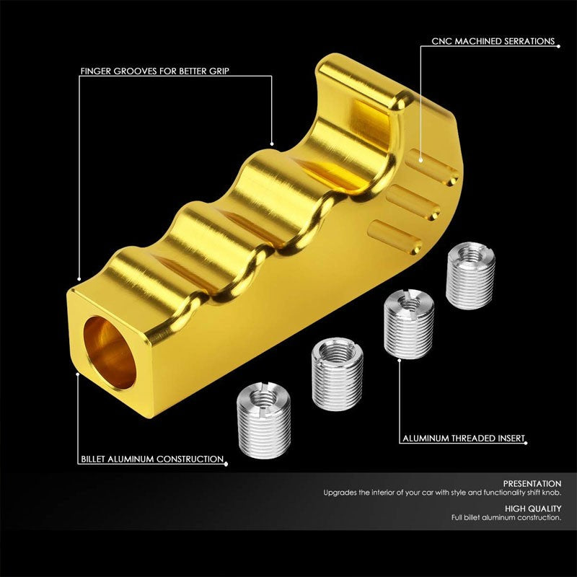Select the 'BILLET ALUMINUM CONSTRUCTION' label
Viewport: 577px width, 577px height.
click(x=151, y=459)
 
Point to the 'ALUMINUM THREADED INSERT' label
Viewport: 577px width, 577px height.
click(x=462, y=438)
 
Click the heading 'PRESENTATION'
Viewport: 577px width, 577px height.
click(x=534, y=483)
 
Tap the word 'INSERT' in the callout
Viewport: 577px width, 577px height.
click(x=509, y=438)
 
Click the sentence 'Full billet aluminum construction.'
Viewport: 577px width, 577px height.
click(x=506, y=518)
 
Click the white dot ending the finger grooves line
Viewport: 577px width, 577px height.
click(x=273, y=143)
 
